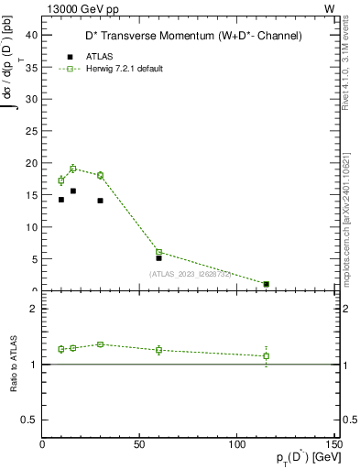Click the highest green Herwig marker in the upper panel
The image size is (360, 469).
point(73,169)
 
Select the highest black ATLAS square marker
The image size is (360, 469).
point(73,191)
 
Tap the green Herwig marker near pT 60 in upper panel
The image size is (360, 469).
point(158,252)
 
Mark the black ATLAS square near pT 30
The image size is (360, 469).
point(100,201)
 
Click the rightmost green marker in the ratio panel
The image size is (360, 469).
point(266,355)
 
